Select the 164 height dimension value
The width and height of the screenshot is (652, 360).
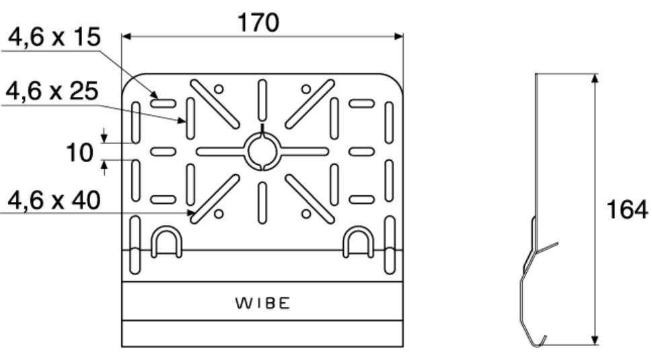pos(627,210)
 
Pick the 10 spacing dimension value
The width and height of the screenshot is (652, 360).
pos(79,153)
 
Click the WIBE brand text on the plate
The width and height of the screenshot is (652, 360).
pos(262,303)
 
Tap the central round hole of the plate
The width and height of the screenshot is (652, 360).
pos(262,151)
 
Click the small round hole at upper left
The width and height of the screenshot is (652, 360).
pos(219,89)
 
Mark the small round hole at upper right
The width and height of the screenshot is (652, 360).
pos(306,89)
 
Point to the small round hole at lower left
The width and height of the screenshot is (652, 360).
pos(219,214)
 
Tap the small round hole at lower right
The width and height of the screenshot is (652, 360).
pos(306,214)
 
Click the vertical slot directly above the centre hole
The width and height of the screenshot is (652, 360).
pos(262,101)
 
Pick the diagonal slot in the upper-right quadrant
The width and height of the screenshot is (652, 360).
pos(310,104)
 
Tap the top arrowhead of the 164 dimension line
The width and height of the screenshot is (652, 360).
pos(595,78)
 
